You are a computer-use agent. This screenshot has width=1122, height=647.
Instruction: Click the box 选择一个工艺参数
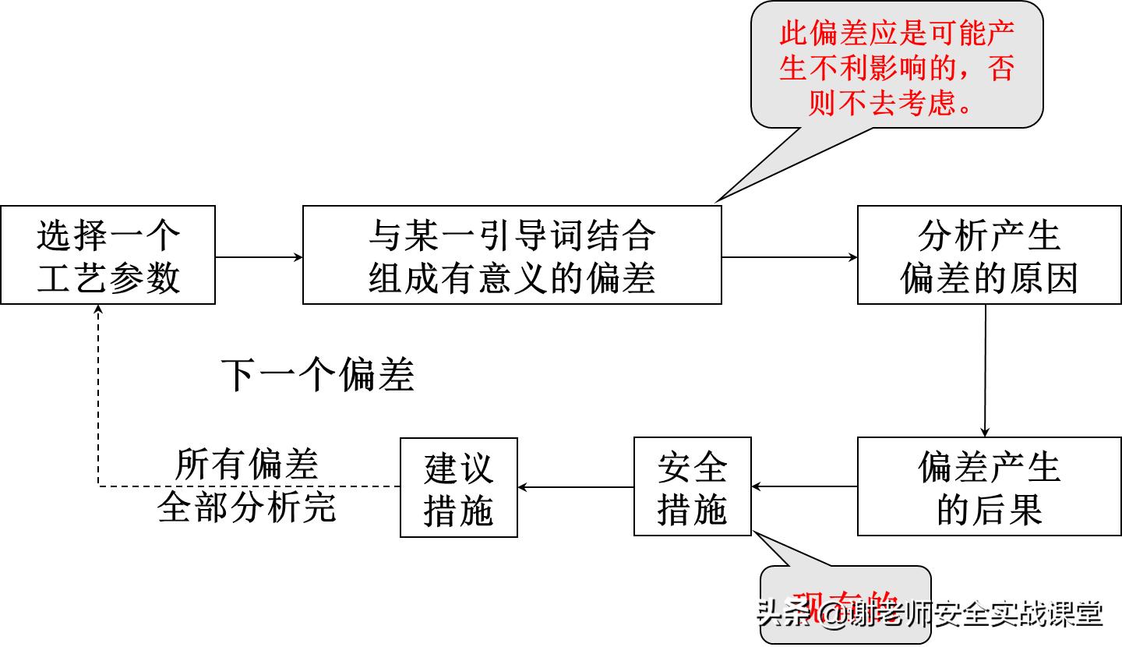click(x=108, y=255)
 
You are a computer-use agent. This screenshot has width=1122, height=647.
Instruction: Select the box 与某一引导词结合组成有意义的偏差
click(x=511, y=255)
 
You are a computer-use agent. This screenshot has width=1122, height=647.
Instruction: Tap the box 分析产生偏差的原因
click(x=989, y=255)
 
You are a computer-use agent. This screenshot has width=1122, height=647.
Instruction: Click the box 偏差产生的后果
click(x=989, y=486)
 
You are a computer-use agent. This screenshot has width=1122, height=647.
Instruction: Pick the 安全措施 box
click(x=692, y=486)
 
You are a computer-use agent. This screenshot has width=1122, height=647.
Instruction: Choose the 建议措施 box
click(x=458, y=488)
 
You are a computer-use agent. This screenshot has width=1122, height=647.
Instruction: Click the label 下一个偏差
click(x=317, y=375)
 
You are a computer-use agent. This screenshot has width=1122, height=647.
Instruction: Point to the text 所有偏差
click(x=246, y=465)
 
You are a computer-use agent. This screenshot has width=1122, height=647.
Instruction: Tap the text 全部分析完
click(x=246, y=507)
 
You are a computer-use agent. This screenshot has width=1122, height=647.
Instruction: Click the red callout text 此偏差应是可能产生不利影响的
click(x=896, y=51)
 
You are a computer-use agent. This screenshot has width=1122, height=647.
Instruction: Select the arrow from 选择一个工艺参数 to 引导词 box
click(x=259, y=256)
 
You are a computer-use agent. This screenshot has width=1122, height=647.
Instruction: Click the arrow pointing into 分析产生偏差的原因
click(x=789, y=256)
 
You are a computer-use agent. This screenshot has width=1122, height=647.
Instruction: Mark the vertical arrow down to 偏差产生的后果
click(x=985, y=370)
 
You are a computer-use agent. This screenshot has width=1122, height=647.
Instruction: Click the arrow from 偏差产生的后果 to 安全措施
click(x=804, y=487)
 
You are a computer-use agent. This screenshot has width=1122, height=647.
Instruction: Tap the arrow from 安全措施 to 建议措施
click(x=575, y=487)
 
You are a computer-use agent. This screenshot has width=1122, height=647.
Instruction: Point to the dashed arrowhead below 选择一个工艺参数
click(x=98, y=309)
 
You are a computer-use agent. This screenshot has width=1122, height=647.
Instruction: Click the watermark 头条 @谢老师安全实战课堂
click(x=930, y=614)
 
